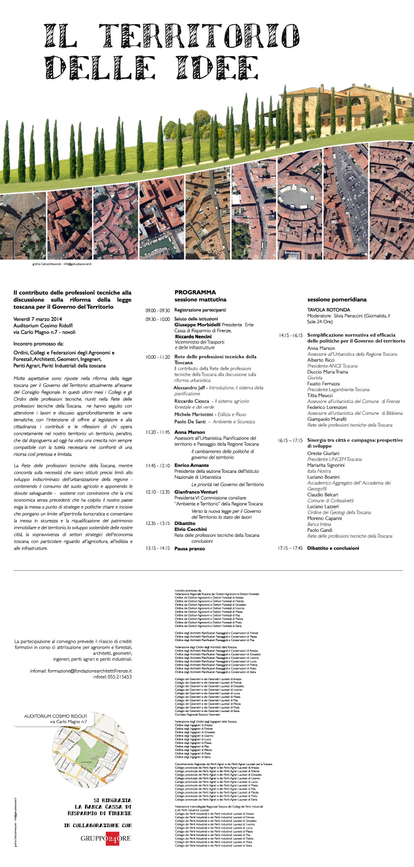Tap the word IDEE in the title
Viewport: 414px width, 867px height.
coord(217,67)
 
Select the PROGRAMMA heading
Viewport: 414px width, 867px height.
coord(195,292)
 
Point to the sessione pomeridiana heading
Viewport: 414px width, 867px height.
coord(337,299)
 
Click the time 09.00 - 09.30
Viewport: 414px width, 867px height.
coord(157,310)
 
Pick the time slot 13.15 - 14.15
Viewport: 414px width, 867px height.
coord(157,548)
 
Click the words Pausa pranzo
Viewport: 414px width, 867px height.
coord(189,548)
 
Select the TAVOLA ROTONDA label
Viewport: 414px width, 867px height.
coord(328,310)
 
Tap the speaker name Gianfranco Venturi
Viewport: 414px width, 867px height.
coord(196,492)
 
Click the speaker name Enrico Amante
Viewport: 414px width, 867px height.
coord(192,465)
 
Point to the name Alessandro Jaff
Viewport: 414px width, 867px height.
coord(189,388)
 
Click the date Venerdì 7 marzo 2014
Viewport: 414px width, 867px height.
coord(37,319)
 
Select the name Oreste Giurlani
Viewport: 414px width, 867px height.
coord(323,453)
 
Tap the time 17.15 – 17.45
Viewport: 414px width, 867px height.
coord(290,548)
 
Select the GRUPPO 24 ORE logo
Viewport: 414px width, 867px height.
coord(106,838)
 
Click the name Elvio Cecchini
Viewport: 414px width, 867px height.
coord(190,529)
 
